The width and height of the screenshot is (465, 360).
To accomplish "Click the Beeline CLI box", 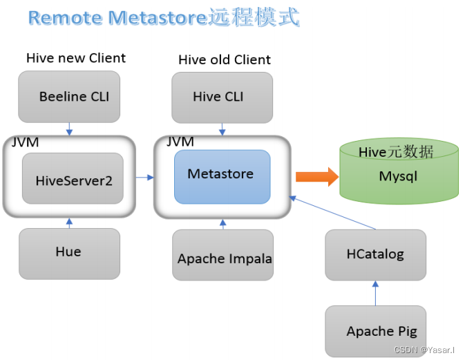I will point(69,97).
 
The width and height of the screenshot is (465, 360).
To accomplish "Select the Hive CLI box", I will point(222,97).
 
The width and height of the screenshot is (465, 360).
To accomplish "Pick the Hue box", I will point(69,253).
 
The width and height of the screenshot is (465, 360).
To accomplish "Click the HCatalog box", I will point(375,254).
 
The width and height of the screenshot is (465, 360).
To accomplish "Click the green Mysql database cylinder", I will point(399,173).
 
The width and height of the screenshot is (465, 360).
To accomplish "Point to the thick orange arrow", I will point(316,177).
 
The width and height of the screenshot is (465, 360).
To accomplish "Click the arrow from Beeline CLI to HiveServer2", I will point(69,129).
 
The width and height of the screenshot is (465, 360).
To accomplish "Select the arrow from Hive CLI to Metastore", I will point(222,129).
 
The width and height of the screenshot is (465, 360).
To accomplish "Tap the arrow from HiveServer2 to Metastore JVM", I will point(144,178).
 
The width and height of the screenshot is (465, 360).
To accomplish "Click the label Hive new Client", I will point(76,58).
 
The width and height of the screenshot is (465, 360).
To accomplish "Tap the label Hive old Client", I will point(225,59).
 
